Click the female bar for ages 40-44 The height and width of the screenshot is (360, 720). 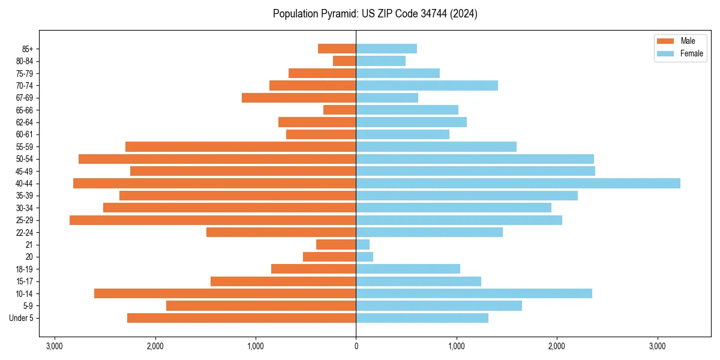pyautogui.click(x=518, y=184)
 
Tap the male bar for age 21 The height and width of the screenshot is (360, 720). pyautogui.click(x=336, y=245)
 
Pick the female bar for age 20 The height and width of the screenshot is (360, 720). pyautogui.click(x=365, y=257)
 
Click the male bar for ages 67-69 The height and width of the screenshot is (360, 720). pyautogui.click(x=299, y=98)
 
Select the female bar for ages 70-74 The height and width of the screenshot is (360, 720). pyautogui.click(x=427, y=86)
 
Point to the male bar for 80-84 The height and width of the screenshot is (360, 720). pyautogui.click(x=344, y=61)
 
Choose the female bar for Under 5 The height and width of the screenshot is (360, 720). pyautogui.click(x=422, y=318)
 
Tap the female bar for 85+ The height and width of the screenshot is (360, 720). pyautogui.click(x=386, y=49)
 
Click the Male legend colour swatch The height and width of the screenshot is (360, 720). pyautogui.click(x=665, y=41)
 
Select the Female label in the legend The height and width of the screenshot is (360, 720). pyautogui.click(x=692, y=53)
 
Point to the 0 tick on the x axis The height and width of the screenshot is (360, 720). pyautogui.click(x=356, y=346)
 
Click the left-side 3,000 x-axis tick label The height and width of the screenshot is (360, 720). pyautogui.click(x=55, y=346)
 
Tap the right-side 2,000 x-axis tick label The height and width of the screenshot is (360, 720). pyautogui.click(x=557, y=346)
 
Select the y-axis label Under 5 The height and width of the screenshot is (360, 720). pyautogui.click(x=22, y=318)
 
